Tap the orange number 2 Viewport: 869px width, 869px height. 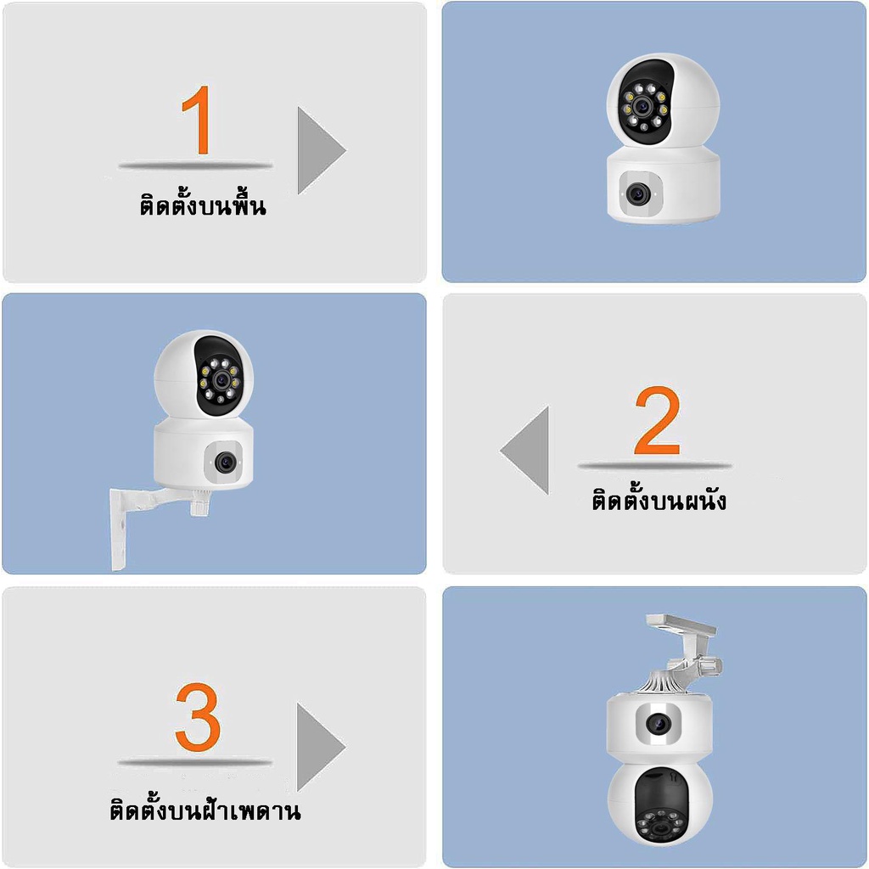coord(658,420)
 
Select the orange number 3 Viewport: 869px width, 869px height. coord(198,717)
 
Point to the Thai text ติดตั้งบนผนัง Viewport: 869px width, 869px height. coord(659,499)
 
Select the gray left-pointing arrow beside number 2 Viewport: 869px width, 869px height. coord(524,450)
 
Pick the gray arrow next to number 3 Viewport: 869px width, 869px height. coord(321,747)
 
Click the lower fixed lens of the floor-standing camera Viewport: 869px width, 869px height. coord(637,194)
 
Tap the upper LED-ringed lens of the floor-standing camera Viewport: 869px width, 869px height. coord(643,106)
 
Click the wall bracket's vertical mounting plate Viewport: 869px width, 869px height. coord(119,530)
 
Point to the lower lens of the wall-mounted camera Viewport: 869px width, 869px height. coord(225,462)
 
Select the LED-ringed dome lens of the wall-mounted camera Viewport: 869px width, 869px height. coord(222,379)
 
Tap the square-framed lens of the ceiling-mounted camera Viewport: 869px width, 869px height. coord(659,723)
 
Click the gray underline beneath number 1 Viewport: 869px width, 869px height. coord(195,165)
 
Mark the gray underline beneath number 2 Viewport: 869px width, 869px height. coord(654,466)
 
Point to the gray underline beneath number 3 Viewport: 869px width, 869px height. coord(195,763)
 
